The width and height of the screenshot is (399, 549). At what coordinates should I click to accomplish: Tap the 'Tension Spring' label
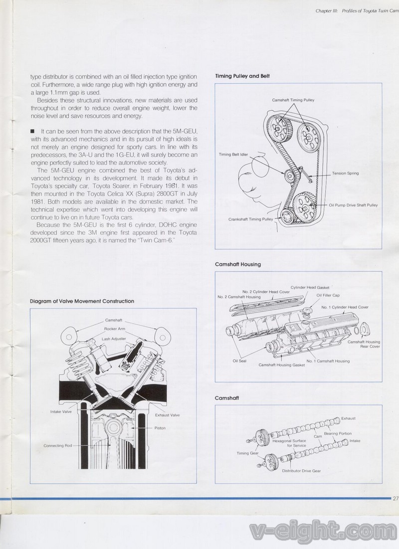[345, 174]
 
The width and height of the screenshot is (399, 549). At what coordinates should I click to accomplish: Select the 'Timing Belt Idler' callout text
[233, 155]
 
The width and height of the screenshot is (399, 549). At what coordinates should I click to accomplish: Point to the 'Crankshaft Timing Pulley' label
[251, 219]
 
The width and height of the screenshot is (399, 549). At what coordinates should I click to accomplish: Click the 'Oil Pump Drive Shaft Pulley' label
[353, 205]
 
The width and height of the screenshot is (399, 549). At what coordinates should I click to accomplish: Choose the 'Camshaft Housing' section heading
[237, 264]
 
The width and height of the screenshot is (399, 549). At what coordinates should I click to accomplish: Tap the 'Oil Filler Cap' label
[328, 295]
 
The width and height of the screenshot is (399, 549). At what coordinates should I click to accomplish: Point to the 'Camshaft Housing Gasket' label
[281, 365]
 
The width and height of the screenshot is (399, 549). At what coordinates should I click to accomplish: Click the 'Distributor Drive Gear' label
[301, 471]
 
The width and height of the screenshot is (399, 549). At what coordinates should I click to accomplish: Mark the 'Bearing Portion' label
[338, 433]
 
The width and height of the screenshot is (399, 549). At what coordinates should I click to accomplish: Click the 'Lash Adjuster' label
[114, 339]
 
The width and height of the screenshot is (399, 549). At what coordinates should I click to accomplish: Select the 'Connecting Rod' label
[58, 445]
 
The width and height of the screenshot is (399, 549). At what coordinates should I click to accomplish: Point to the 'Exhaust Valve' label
[167, 415]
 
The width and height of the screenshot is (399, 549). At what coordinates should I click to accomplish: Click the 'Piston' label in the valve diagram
[160, 428]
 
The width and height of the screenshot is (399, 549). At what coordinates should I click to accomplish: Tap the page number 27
[396, 498]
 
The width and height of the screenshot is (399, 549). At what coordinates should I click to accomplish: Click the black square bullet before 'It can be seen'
[32, 131]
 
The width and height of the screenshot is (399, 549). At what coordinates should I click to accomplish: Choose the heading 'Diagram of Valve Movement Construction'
[82, 301]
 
